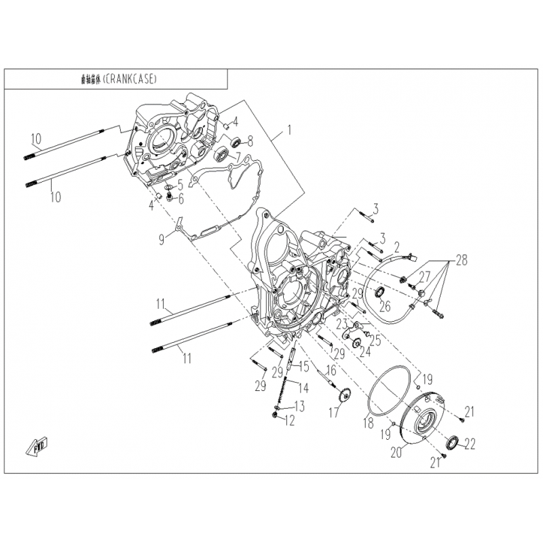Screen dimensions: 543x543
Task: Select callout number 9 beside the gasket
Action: [162, 239]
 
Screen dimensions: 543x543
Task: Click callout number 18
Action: [367, 422]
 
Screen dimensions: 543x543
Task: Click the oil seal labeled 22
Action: [451, 445]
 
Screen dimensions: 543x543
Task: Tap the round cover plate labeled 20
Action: [424, 415]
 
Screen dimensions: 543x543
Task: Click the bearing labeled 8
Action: [237, 143]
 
